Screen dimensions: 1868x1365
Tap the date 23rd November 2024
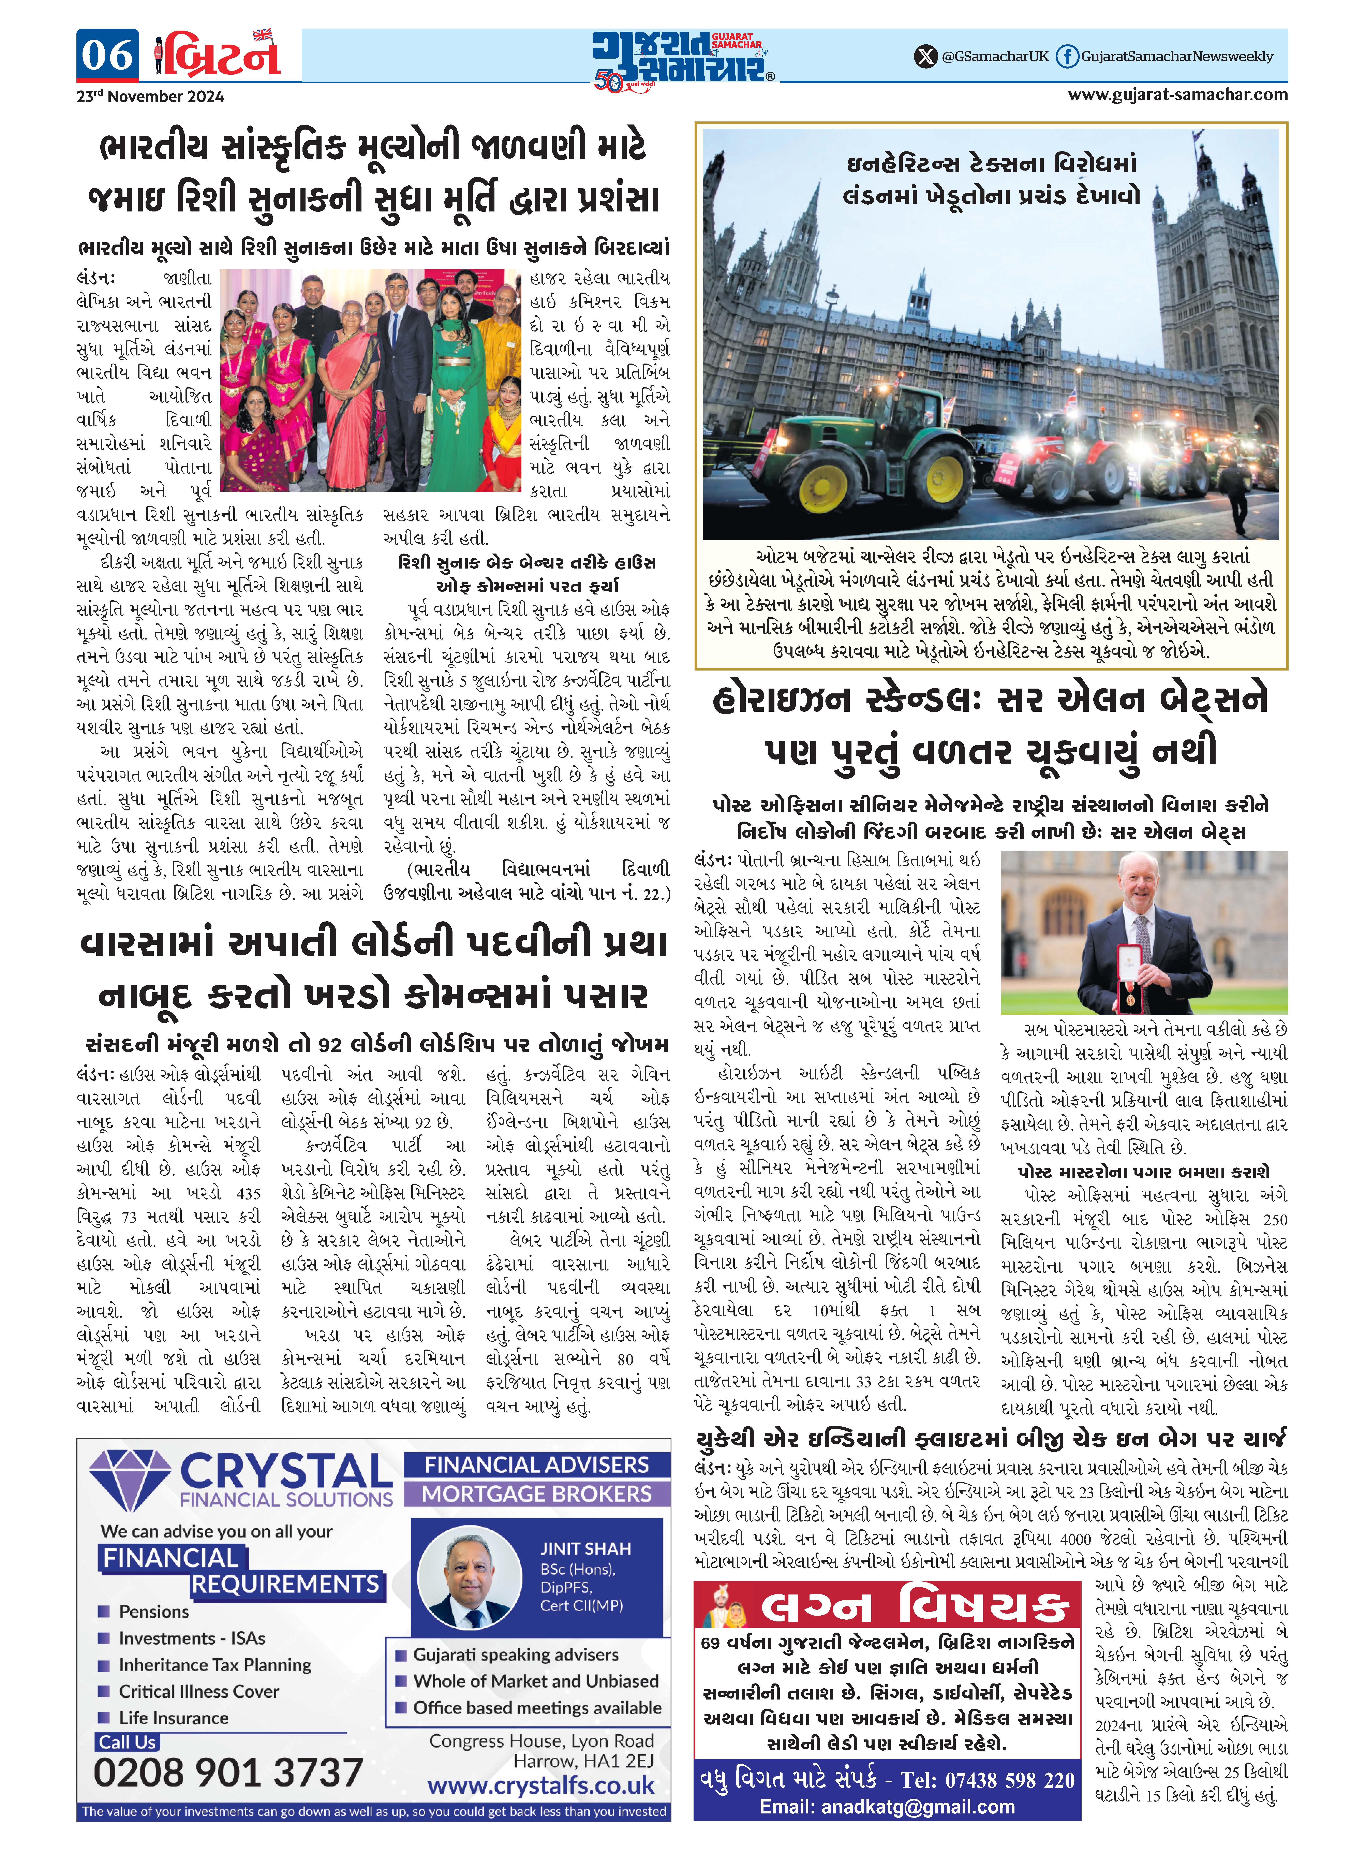tap(150, 97)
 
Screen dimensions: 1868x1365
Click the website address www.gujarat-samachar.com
tap(1177, 94)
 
